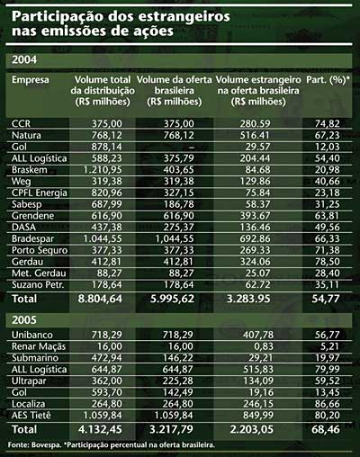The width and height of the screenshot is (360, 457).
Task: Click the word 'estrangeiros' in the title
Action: tap(184, 17)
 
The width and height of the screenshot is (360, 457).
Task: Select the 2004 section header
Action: tap(24, 59)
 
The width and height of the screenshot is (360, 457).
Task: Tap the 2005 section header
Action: tap(24, 320)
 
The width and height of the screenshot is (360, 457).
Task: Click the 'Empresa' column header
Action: tap(31, 80)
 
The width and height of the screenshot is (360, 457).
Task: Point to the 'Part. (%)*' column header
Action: tap(328, 80)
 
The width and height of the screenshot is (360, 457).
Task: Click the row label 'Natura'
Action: tap(26, 135)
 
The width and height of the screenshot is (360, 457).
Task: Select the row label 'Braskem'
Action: tap(30, 170)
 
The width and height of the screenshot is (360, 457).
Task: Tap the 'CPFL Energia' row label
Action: tap(40, 193)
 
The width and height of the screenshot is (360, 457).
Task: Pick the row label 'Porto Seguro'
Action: tap(40, 250)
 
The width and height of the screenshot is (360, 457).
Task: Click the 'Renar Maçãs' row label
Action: tap(39, 346)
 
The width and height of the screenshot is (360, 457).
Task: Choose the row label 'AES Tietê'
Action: tap(31, 416)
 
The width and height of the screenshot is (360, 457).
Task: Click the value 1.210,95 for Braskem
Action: tap(103, 170)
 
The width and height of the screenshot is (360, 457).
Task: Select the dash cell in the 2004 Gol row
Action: tap(192, 148)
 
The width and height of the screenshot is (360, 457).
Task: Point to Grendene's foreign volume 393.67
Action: tap(255, 216)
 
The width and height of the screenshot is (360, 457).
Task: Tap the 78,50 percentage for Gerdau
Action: tap(327, 262)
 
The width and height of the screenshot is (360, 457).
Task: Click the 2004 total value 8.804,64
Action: tap(100, 299)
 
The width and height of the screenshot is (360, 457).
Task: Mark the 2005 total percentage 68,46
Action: tap(326, 429)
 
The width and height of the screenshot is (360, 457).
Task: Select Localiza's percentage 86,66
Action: tap(327, 404)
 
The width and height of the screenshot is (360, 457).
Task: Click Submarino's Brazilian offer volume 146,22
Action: tap(178, 358)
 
